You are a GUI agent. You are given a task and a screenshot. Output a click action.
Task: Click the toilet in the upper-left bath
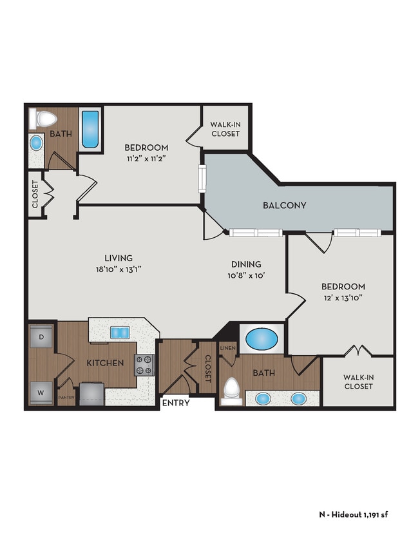(46, 118)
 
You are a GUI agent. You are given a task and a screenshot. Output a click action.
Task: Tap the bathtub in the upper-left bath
(90, 128)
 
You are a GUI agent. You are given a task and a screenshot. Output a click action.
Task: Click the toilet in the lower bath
(231, 389)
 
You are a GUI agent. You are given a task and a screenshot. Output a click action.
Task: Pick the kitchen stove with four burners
(144, 365)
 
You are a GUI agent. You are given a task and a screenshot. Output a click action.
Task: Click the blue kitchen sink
(120, 332)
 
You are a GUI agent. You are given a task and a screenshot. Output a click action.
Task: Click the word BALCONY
(284, 206)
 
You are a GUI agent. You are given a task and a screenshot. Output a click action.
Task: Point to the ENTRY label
(176, 403)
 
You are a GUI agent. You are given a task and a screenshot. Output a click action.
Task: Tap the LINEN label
(228, 349)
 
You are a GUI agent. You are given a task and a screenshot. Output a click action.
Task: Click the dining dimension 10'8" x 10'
(247, 275)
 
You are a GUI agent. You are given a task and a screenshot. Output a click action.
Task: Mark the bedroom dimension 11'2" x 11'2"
(147, 159)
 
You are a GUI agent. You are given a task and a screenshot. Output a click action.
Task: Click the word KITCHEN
(105, 363)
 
